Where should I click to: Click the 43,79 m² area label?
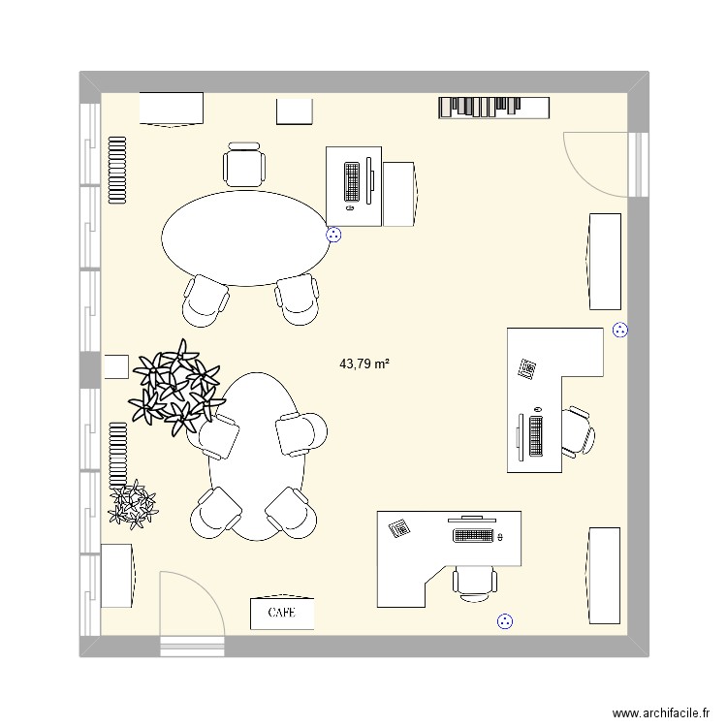pyautogui.click(x=363, y=364)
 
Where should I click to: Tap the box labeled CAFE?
pyautogui.click(x=282, y=613)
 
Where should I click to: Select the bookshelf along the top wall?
pyautogui.click(x=493, y=108)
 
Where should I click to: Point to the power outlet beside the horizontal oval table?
pyautogui.click(x=334, y=234)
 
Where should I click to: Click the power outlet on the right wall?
pyautogui.click(x=620, y=330)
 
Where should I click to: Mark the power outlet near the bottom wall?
pyautogui.click(x=503, y=621)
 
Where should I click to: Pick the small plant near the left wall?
pyautogui.click(x=132, y=503)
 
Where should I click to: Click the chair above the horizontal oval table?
pyautogui.click(x=243, y=164)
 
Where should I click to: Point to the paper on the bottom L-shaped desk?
pyautogui.click(x=398, y=528)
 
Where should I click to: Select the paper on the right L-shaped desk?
pyautogui.click(x=528, y=368)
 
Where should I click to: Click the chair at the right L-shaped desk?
pyautogui.click(x=579, y=430)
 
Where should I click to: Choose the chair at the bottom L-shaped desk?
pyautogui.click(x=475, y=583)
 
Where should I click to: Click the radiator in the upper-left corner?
pyautogui.click(x=117, y=169)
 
